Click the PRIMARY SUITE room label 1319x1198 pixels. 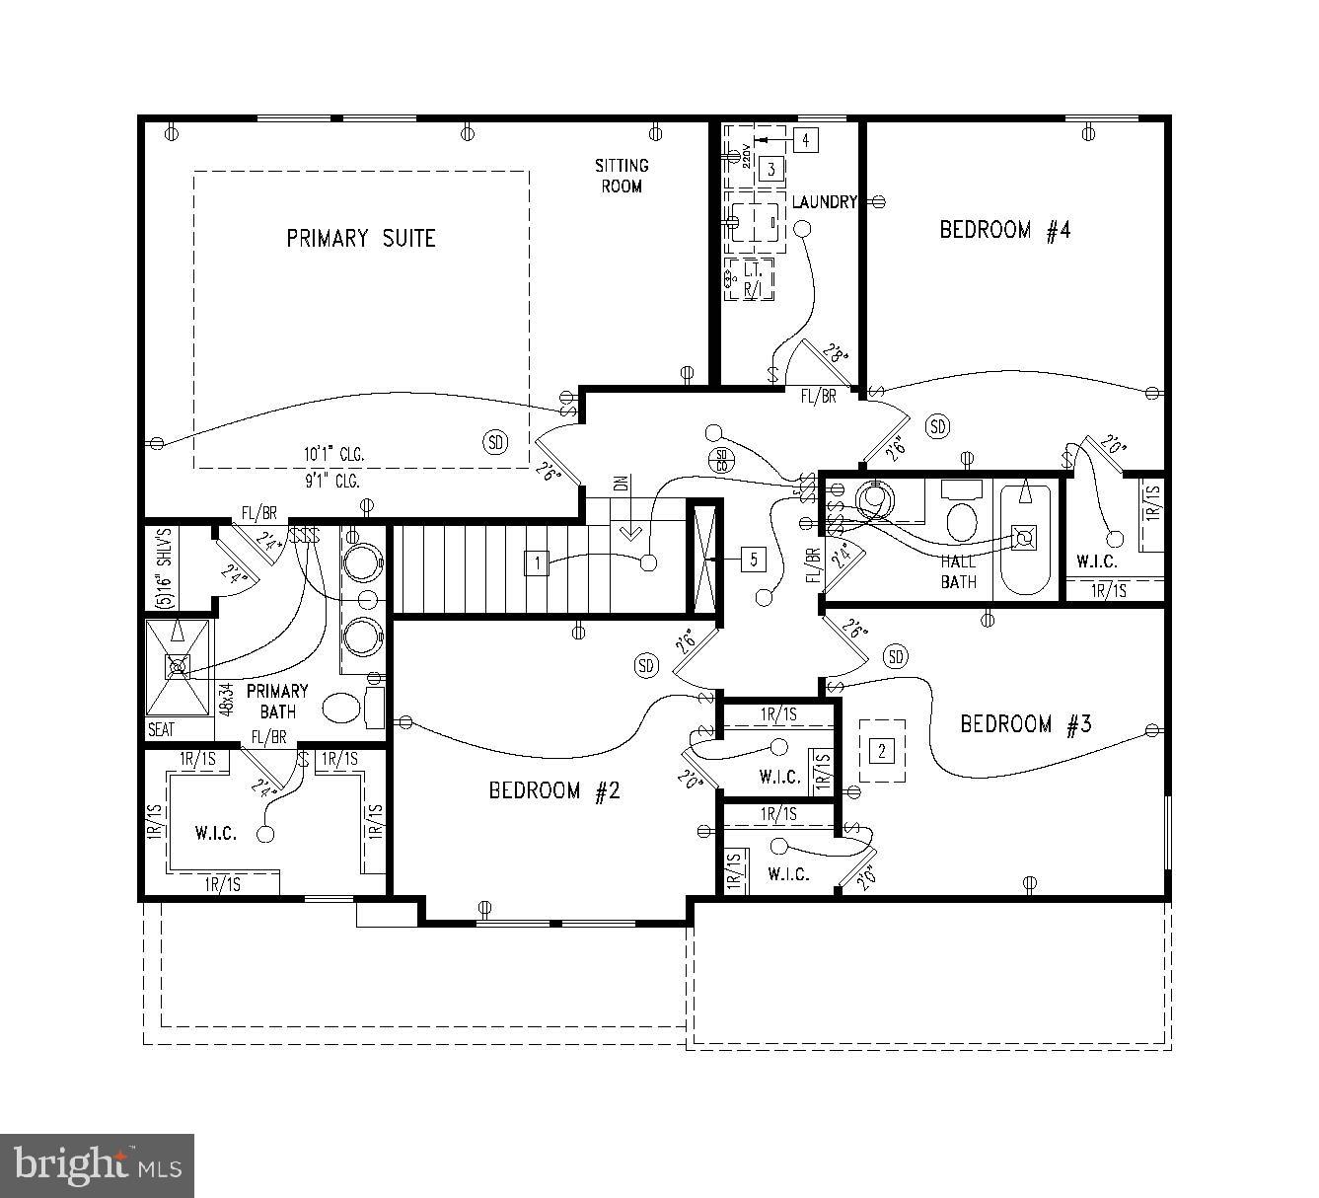click(x=360, y=239)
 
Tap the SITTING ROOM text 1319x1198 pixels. click(x=622, y=176)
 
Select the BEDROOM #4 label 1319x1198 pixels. click(x=1004, y=231)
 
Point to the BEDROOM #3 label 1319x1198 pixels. click(x=1026, y=724)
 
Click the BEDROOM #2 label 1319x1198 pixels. click(x=554, y=790)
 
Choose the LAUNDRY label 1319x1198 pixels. click(x=824, y=202)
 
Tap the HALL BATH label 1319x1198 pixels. click(x=958, y=572)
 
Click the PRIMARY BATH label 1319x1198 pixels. click(x=277, y=701)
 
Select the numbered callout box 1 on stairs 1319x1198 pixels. click(x=537, y=563)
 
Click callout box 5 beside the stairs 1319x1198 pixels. click(x=753, y=560)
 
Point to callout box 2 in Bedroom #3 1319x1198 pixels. click(x=882, y=751)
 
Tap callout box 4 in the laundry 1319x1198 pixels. click(x=805, y=140)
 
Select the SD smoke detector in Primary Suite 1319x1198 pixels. click(x=495, y=442)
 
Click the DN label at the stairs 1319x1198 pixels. click(x=620, y=484)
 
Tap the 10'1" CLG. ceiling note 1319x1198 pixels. click(x=333, y=455)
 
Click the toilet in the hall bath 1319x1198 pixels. click(x=960, y=516)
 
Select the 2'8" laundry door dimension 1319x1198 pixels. click(x=837, y=354)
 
